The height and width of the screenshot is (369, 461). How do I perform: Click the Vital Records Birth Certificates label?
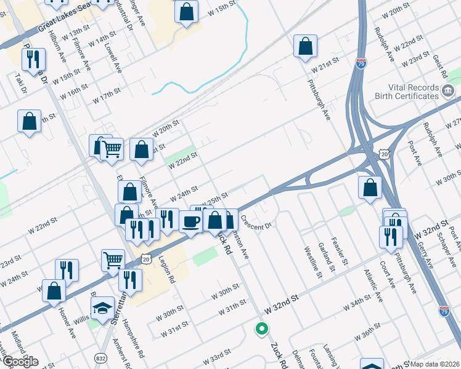[407, 92]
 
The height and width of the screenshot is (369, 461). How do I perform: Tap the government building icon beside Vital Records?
[448, 92]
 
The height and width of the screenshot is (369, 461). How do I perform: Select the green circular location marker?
[262, 329]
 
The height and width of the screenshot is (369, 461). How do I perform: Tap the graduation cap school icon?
[101, 307]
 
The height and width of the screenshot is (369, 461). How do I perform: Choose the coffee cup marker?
[191, 221]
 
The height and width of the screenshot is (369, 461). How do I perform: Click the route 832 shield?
[101, 357]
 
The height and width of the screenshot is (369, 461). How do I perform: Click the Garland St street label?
[325, 256]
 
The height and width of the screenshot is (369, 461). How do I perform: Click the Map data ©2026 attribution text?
[434, 364]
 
